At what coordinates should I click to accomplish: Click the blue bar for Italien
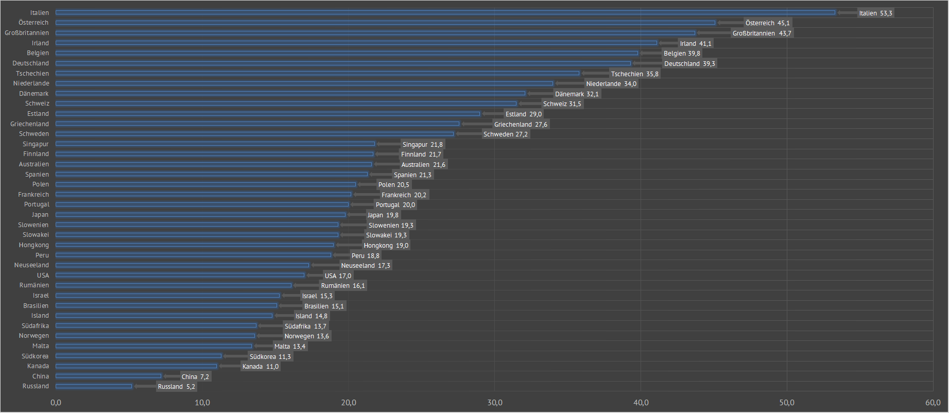(445, 12)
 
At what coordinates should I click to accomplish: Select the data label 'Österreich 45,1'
(767, 23)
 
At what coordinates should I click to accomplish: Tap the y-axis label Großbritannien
(27, 33)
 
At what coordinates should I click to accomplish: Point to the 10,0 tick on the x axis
(202, 403)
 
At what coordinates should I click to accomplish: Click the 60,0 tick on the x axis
(933, 403)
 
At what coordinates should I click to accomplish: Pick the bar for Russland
(94, 386)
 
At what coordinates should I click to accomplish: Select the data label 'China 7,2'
(195, 377)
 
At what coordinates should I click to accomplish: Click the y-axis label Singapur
(36, 144)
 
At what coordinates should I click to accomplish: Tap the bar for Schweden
(255, 134)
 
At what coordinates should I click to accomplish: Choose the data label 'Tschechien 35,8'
(634, 74)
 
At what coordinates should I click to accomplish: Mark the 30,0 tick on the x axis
(495, 403)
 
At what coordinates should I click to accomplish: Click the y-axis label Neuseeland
(31, 265)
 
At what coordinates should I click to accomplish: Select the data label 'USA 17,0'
(338, 276)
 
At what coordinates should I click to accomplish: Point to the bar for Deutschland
(343, 63)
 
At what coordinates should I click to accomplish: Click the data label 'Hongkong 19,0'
(386, 246)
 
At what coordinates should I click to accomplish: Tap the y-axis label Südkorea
(35, 356)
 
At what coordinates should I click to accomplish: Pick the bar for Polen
(206, 184)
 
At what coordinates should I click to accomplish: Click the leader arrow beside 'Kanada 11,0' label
(230, 366)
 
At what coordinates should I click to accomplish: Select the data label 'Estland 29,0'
(523, 114)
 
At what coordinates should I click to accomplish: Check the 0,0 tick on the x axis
(56, 403)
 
